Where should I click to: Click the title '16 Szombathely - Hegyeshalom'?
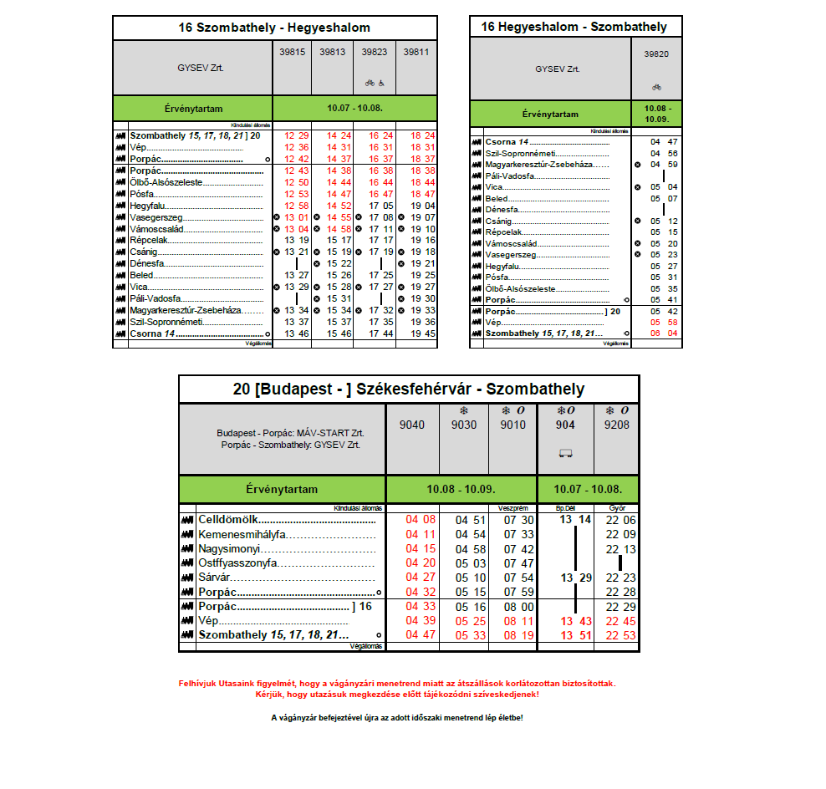click(274, 28)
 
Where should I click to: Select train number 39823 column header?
click(375, 52)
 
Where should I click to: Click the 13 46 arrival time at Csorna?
click(297, 333)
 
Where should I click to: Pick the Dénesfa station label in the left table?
click(147, 263)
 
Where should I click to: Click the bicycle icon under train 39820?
click(656, 87)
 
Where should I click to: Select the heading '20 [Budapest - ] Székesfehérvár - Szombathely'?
click(409, 389)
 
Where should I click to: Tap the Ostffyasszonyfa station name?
click(237, 563)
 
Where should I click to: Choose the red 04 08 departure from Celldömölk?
click(421, 520)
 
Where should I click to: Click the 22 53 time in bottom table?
click(619, 635)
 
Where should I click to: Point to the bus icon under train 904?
click(566, 454)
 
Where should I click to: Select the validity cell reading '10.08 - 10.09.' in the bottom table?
click(461, 489)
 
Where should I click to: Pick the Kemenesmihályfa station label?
click(242, 535)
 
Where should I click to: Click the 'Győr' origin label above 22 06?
click(618, 507)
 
